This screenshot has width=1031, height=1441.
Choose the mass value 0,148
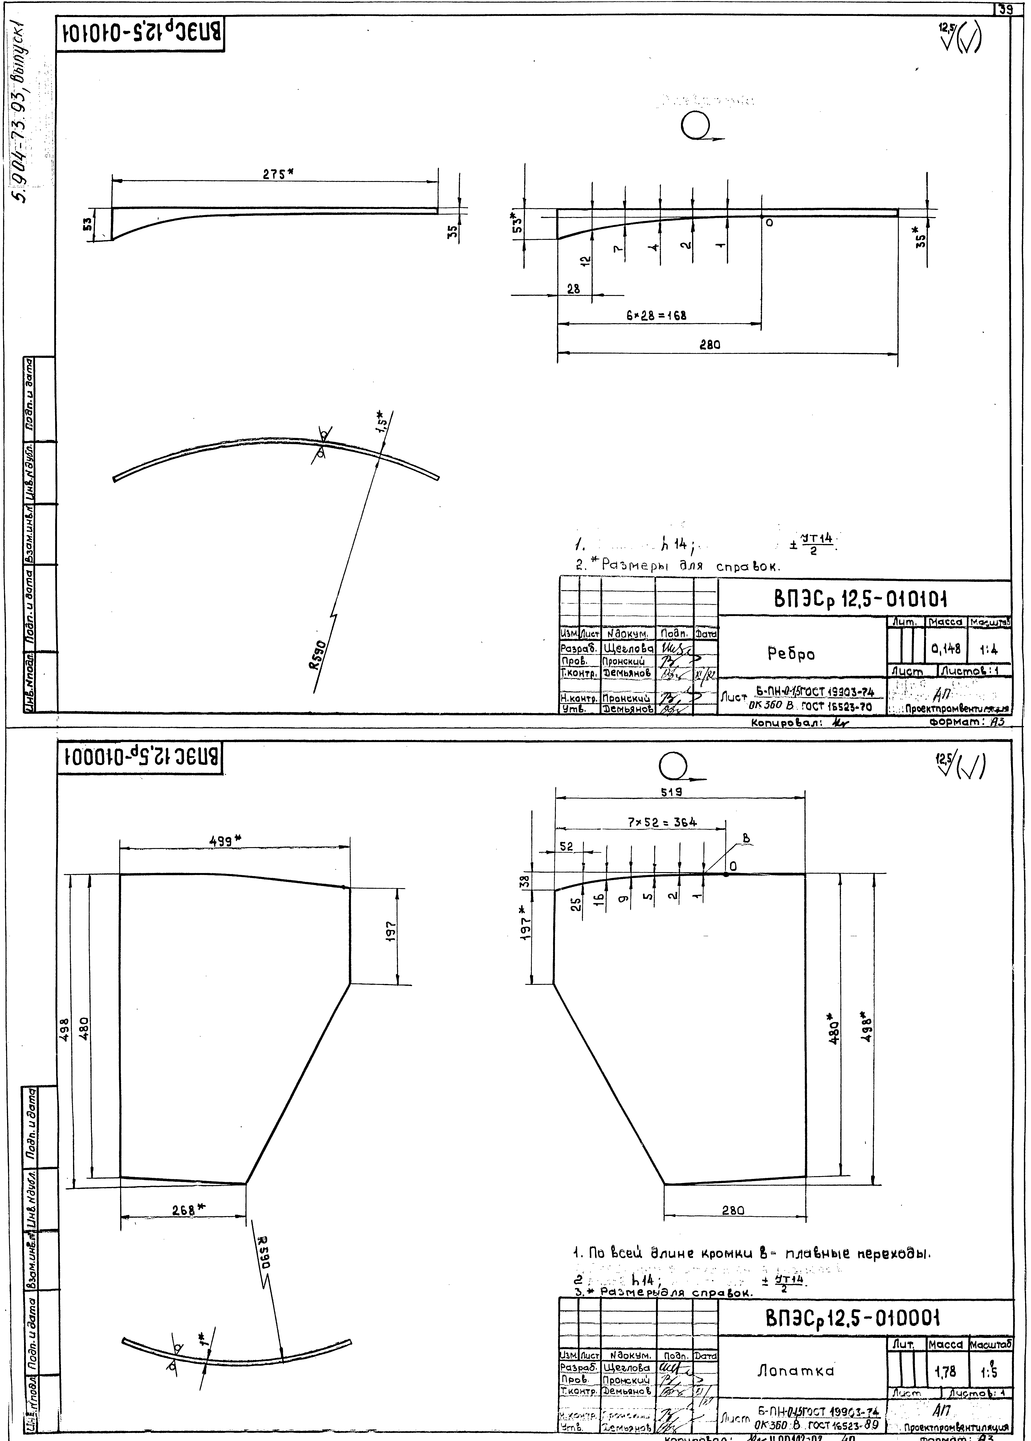[x=945, y=649]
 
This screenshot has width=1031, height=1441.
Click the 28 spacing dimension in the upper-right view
[x=573, y=289]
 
